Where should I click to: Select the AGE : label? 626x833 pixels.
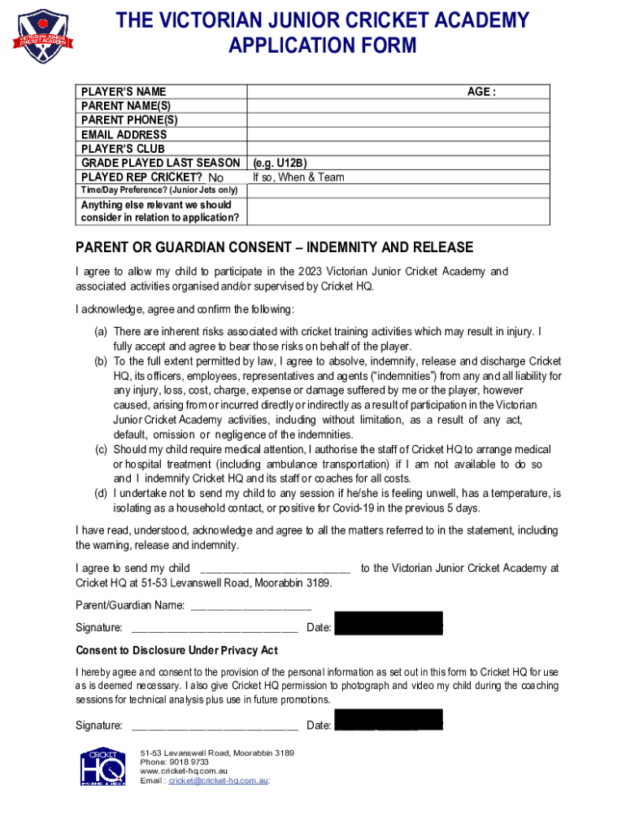pyautogui.click(x=481, y=92)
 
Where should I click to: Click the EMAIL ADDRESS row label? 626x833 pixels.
pyautogui.click(x=124, y=134)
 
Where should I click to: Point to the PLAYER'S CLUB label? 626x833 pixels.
pyautogui.click(x=122, y=149)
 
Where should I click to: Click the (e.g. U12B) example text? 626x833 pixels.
pyautogui.click(x=280, y=163)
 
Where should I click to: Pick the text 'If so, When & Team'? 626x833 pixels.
pyautogui.click(x=298, y=177)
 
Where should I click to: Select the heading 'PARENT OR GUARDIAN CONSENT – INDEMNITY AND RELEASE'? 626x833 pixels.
pyautogui.click(x=274, y=247)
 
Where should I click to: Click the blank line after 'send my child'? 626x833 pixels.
pyautogui.click(x=275, y=569)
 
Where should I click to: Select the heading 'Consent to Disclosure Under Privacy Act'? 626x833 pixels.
pyautogui.click(x=176, y=650)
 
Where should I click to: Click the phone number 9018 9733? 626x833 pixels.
pyautogui.click(x=180, y=762)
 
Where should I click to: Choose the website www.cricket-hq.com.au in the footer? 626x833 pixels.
pyautogui.click(x=184, y=771)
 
